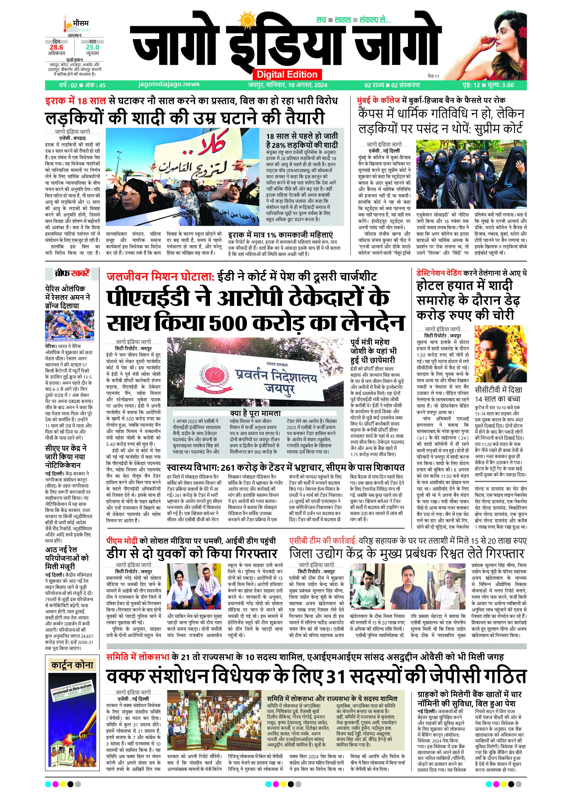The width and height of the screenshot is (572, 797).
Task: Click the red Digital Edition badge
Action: (287, 74)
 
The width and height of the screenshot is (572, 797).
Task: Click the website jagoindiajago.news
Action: (169, 84)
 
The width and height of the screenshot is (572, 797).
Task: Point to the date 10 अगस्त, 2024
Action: (298, 85)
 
